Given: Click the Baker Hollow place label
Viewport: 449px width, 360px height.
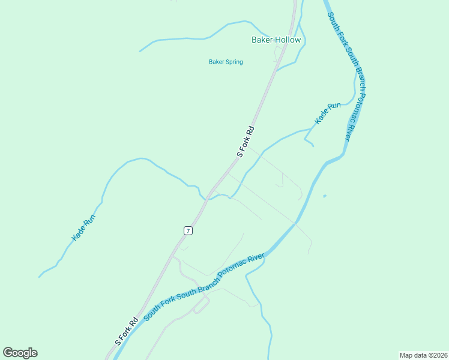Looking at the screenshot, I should [276, 40].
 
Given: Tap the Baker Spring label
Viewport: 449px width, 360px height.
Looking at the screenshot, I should [226, 62].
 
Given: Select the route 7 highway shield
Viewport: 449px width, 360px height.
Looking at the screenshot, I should [188, 230].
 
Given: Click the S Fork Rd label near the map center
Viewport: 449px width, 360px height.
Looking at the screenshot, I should [246, 142].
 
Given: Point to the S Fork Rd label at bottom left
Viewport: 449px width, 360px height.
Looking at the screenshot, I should [122, 332].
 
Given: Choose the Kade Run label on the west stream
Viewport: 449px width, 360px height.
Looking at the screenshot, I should [83, 229].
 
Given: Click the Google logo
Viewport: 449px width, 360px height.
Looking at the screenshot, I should [20, 353].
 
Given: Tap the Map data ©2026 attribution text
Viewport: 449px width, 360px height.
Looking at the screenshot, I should [423, 355].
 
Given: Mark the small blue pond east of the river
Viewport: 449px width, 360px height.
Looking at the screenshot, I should [324, 196].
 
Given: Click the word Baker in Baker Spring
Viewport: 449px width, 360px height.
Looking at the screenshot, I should [216, 62].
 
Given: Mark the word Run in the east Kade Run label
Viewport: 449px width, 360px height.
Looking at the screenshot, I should [334, 107].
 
